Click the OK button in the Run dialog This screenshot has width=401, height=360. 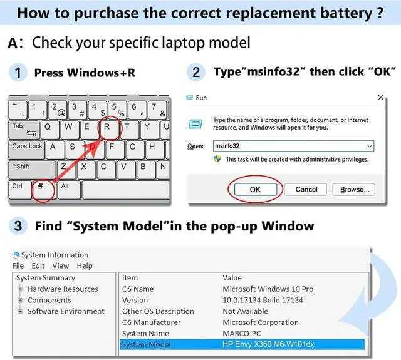click(x=255, y=189)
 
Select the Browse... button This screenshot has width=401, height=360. click(x=354, y=189)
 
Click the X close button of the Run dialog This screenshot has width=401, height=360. click(x=380, y=98)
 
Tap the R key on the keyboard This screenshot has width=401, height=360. click(x=108, y=128)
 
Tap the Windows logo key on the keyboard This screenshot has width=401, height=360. click(x=41, y=187)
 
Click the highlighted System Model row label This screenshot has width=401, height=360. click(x=145, y=344)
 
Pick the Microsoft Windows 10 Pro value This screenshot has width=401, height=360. click(x=268, y=289)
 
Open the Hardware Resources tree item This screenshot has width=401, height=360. click(x=63, y=289)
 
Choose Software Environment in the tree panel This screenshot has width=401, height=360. click(x=66, y=311)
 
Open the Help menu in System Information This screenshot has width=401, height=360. click(x=84, y=266)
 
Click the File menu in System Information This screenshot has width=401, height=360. click(x=18, y=266)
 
